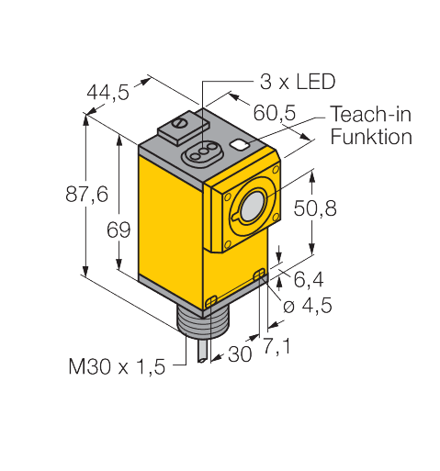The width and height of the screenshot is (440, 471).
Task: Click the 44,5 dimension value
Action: click(x=107, y=92)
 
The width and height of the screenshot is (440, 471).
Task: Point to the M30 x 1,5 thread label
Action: click(x=117, y=367)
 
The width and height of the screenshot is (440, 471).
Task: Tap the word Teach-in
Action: click(x=370, y=116)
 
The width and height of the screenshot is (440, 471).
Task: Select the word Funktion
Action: click(x=370, y=137)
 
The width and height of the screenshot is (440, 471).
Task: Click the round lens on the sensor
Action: click(x=251, y=209)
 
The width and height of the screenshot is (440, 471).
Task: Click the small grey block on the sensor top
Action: click(x=186, y=123)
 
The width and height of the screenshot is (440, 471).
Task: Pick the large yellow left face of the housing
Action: click(x=170, y=230)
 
